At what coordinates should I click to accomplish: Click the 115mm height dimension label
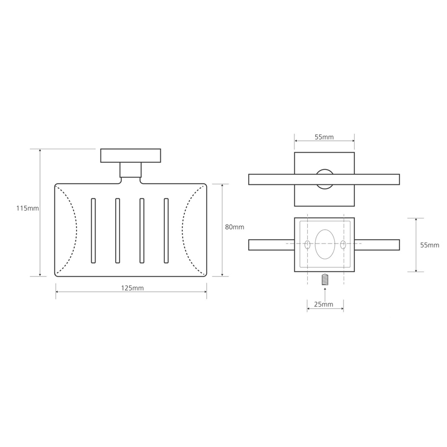point(27,208)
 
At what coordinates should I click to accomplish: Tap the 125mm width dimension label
point(132,288)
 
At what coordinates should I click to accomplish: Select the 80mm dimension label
point(235,227)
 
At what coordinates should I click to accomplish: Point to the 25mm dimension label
point(324,305)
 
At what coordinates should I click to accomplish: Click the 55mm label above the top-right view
point(324,137)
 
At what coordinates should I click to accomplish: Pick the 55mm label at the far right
point(430,245)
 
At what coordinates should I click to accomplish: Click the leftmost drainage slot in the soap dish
point(93,231)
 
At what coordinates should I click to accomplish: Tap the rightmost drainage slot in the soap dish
point(166,231)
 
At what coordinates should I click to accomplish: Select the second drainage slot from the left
point(117,231)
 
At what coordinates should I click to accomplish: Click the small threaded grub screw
point(325,280)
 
